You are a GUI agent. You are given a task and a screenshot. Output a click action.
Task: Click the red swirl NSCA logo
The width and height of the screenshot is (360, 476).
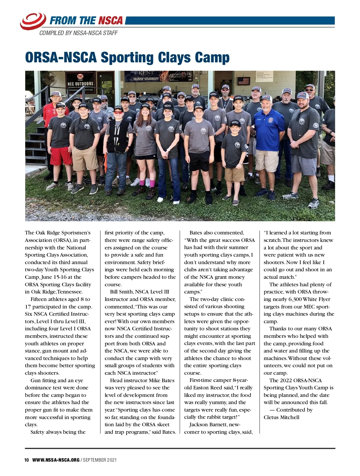(x=33, y=21)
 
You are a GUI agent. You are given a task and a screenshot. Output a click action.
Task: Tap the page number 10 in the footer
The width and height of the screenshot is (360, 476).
(x=27, y=460)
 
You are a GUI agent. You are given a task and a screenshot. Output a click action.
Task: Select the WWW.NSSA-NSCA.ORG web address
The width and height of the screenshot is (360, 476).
(x=56, y=460)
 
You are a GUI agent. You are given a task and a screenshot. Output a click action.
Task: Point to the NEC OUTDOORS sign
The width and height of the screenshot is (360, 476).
(x=80, y=84)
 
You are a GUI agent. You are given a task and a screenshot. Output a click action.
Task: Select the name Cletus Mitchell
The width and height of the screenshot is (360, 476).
(x=281, y=417)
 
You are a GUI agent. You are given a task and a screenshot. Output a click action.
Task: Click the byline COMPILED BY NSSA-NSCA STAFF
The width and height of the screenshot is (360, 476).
(x=78, y=33)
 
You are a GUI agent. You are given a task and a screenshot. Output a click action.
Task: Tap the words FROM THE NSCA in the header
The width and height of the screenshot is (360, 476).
(x=86, y=21)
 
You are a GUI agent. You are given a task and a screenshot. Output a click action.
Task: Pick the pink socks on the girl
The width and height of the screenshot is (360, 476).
(x=152, y=183)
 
